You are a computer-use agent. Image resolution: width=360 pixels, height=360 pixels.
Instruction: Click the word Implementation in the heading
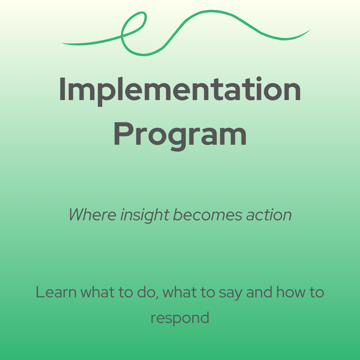click(x=180, y=89)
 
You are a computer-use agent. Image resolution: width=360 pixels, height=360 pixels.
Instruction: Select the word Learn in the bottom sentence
click(x=56, y=292)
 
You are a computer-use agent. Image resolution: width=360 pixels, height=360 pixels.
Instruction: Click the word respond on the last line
click(x=180, y=318)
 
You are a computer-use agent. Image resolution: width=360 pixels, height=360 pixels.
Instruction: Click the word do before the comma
click(x=150, y=292)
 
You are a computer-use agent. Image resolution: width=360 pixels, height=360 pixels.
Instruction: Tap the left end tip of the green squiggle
click(x=62, y=44)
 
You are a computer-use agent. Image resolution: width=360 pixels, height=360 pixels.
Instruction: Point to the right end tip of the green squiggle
click(x=309, y=31)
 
